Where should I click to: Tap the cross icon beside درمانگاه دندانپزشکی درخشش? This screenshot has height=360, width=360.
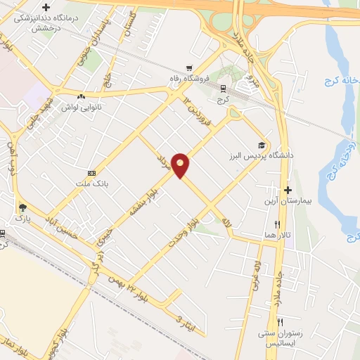tap(46, 7)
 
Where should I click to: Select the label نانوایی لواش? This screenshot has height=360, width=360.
tap(81, 108)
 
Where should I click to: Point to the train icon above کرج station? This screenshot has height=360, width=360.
tap(224, 89)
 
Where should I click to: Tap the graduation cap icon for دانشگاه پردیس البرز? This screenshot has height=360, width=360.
tap(262, 144)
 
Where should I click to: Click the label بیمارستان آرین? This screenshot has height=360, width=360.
tap(287, 202)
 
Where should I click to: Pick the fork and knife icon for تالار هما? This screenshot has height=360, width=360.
tap(277, 224)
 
